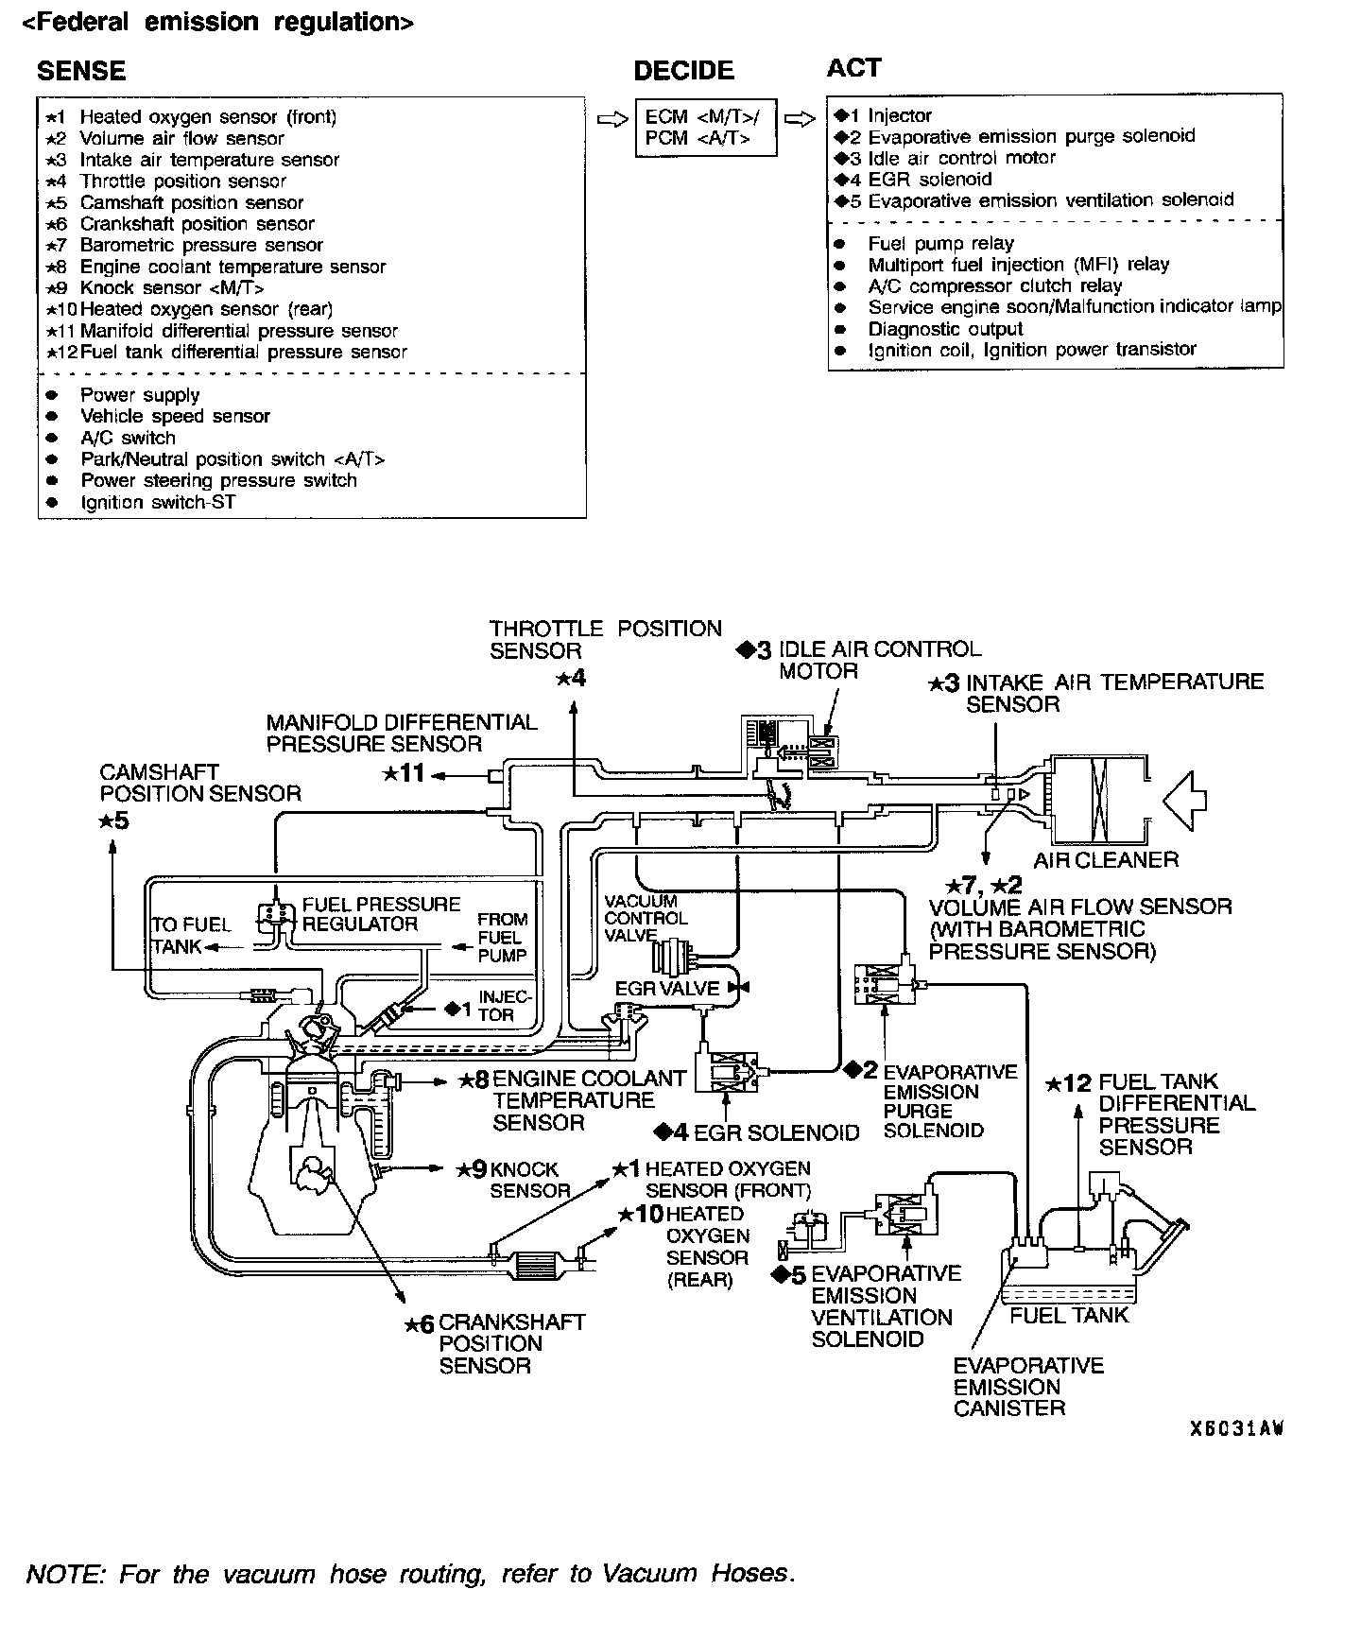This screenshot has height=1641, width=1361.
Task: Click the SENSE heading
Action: (x=80, y=71)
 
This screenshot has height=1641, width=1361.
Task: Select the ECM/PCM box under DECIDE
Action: (x=706, y=128)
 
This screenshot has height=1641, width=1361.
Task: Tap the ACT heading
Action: (x=853, y=68)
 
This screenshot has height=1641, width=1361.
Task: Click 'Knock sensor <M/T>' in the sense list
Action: (x=171, y=288)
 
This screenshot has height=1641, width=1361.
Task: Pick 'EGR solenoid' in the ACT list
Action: (x=929, y=179)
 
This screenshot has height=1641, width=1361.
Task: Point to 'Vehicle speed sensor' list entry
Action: (x=175, y=416)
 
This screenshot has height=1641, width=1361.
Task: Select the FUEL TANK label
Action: (x=1069, y=1315)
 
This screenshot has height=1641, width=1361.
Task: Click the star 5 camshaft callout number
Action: (x=113, y=820)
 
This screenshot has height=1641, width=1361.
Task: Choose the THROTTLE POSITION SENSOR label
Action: (x=605, y=640)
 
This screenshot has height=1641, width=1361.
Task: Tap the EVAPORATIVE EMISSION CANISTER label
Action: (x=1027, y=1387)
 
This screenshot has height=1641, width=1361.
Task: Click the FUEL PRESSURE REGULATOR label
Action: (x=381, y=914)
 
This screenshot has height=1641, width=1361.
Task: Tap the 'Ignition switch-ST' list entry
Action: (x=157, y=502)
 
